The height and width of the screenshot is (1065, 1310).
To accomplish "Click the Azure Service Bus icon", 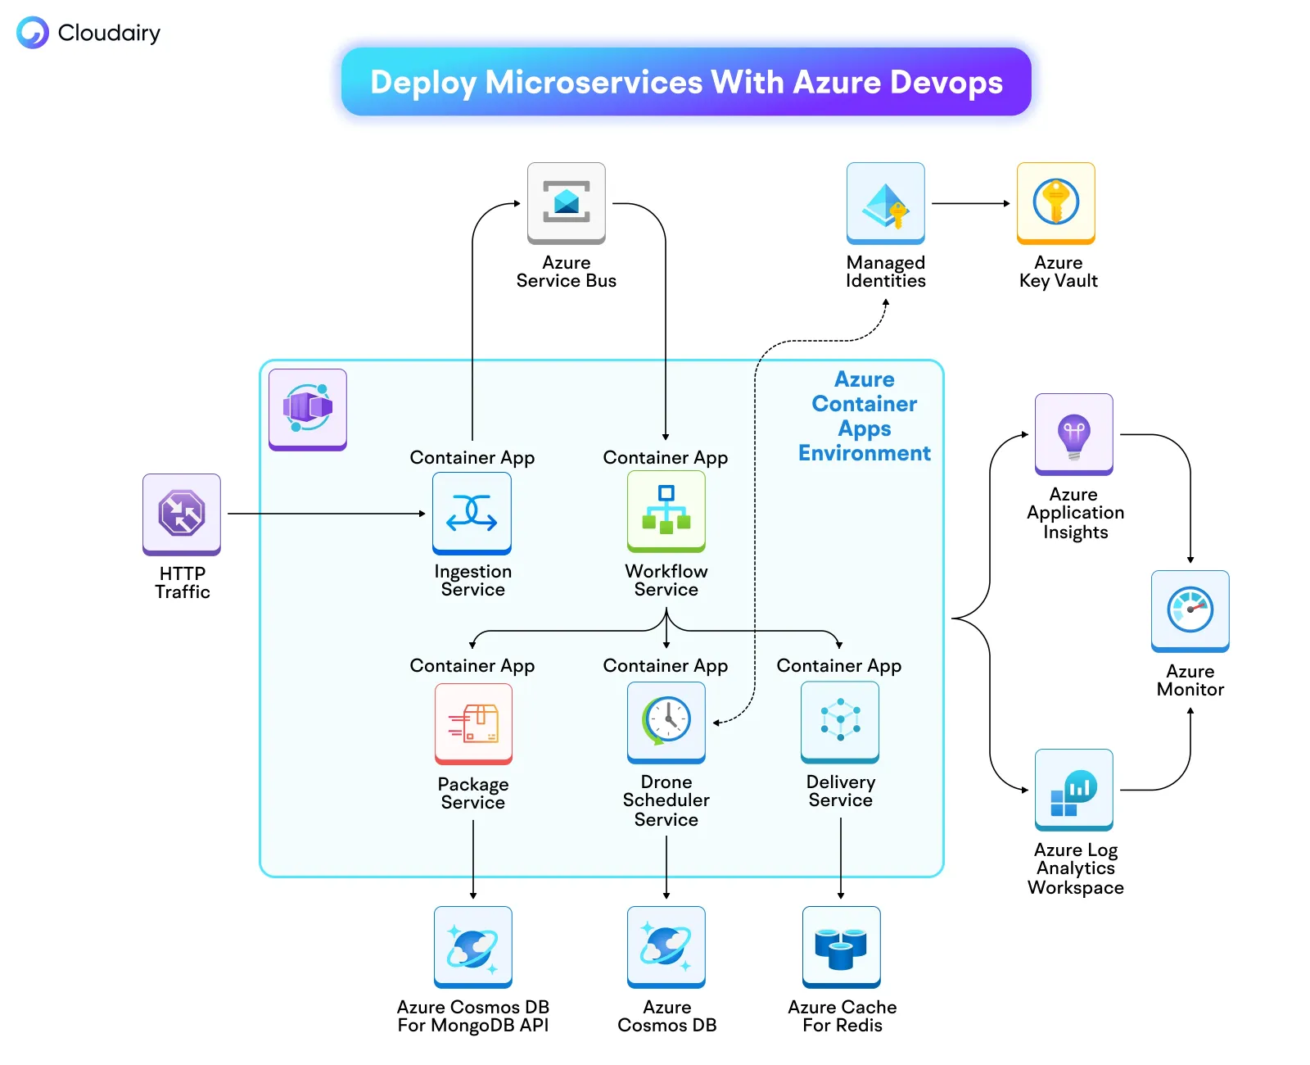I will click(566, 202).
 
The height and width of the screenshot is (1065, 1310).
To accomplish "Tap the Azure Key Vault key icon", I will click(1055, 202).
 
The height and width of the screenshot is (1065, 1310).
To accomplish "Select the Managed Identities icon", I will click(885, 202).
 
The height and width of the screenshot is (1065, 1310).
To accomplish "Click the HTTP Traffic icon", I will click(182, 514).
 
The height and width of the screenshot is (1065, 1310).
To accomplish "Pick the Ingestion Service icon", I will click(472, 513).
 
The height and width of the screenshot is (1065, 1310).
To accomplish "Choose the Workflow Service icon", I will click(666, 511).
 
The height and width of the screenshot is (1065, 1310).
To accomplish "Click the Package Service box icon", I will click(473, 723).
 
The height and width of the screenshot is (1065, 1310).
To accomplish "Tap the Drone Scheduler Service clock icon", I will click(666, 721).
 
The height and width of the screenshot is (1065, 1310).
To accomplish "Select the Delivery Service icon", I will click(840, 721).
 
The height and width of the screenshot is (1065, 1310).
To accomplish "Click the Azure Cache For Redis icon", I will click(841, 946).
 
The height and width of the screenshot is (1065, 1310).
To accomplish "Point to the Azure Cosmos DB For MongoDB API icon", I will click(472, 946).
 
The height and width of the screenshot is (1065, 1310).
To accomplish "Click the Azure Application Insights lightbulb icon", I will click(1073, 433).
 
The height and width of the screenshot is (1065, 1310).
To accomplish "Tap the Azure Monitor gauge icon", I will click(1190, 610).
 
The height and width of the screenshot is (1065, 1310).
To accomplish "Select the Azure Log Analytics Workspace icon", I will click(1073, 789).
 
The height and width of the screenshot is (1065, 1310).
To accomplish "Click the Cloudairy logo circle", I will click(33, 33).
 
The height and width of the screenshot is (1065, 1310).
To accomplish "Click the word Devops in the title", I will click(946, 83).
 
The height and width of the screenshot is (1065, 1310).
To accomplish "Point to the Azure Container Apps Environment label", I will click(864, 416).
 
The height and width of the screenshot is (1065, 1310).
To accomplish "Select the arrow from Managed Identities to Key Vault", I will click(970, 203).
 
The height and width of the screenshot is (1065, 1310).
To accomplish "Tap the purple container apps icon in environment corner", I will click(307, 408).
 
